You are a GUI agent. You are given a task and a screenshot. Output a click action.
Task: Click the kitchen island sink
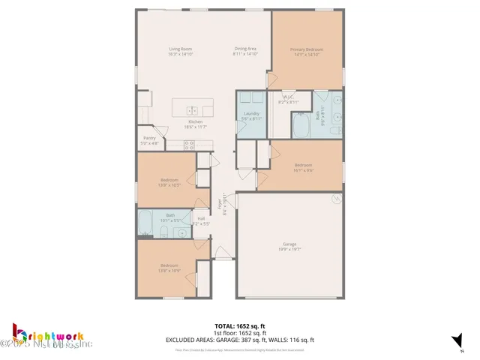click(x=190, y=109)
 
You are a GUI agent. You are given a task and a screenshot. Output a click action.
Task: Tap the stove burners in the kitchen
click(x=189, y=144)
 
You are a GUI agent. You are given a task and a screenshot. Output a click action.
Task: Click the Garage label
click(x=289, y=244)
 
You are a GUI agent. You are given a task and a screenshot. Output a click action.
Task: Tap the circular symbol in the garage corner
click(x=337, y=199)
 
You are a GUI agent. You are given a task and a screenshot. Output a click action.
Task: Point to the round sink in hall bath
click(x=182, y=232)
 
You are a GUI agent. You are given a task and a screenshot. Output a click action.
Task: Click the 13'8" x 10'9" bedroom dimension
click(x=169, y=269)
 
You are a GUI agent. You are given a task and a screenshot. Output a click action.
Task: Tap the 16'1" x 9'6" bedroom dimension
click(x=303, y=169)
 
